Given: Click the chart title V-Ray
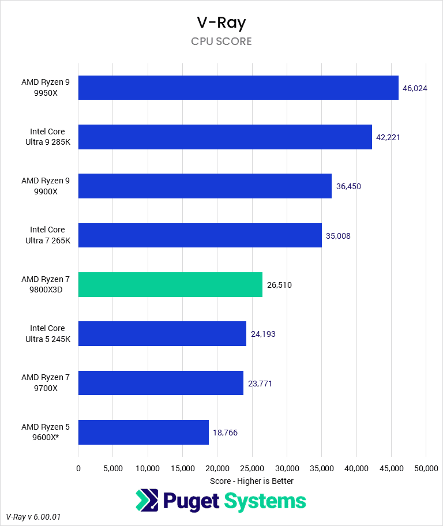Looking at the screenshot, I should (221, 23).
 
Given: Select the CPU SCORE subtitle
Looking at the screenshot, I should (221, 42).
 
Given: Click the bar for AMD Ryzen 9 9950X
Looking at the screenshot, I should (238, 87).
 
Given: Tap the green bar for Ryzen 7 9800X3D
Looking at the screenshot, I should (170, 284).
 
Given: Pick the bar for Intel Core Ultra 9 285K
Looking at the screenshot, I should (225, 137).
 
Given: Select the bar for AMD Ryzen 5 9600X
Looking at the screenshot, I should (143, 432).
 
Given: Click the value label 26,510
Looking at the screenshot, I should (280, 285).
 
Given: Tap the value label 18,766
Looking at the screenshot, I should (226, 433).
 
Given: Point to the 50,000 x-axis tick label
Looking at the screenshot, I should (426, 468).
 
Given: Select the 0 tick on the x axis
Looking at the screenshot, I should (78, 468).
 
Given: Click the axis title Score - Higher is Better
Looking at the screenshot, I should (251, 480).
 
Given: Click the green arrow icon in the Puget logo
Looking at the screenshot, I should (147, 501).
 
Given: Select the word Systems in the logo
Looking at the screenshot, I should (265, 501).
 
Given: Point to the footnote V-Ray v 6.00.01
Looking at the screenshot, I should (33, 517).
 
